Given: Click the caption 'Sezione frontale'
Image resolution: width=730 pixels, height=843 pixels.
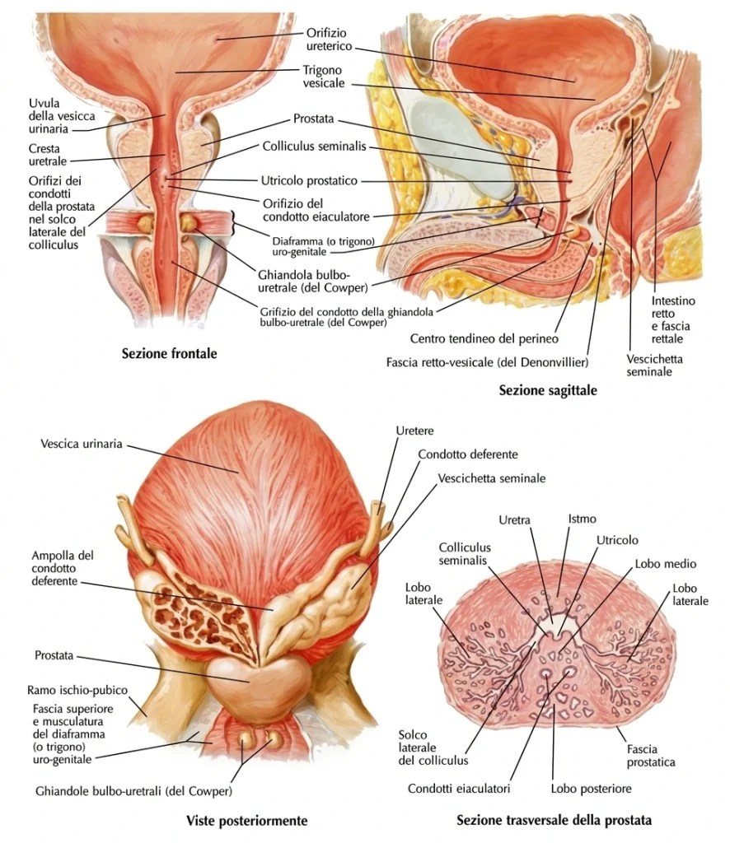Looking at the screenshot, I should [x=169, y=354].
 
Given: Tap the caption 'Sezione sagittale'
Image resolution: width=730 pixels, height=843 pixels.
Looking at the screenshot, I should [x=547, y=390].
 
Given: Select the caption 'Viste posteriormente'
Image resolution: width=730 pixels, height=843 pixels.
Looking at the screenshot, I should [x=246, y=820].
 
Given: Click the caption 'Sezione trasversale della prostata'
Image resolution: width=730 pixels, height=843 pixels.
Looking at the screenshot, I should [x=554, y=820].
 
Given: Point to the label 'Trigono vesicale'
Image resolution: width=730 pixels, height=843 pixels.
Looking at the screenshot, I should [x=323, y=77].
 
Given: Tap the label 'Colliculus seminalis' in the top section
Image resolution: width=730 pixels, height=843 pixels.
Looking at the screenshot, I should [x=314, y=147].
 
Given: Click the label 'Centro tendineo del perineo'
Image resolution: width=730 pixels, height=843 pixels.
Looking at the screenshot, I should [x=484, y=338].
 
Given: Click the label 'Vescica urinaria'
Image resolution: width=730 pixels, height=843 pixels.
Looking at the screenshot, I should [x=81, y=444].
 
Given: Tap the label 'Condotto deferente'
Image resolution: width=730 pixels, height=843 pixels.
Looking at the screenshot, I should [x=467, y=454].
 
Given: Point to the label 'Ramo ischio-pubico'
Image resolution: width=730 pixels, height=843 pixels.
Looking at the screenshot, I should [x=77, y=690].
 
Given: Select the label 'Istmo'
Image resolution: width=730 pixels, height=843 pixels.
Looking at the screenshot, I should [x=582, y=519].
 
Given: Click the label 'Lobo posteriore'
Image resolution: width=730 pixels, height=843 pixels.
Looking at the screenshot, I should [x=591, y=789].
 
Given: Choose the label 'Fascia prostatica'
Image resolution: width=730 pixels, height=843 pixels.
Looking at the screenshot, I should [x=650, y=756].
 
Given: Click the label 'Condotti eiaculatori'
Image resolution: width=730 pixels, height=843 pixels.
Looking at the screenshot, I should [x=458, y=789].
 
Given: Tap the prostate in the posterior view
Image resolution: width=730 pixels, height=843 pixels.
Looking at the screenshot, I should [x=250, y=678].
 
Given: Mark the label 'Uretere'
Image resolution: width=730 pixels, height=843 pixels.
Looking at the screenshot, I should [x=414, y=431].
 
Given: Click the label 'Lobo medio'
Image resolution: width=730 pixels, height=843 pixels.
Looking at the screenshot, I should [x=665, y=564].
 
